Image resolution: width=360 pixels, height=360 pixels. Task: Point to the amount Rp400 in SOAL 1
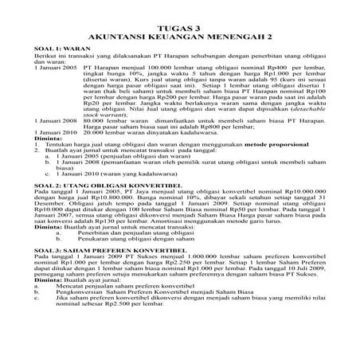[x=278, y=69]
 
